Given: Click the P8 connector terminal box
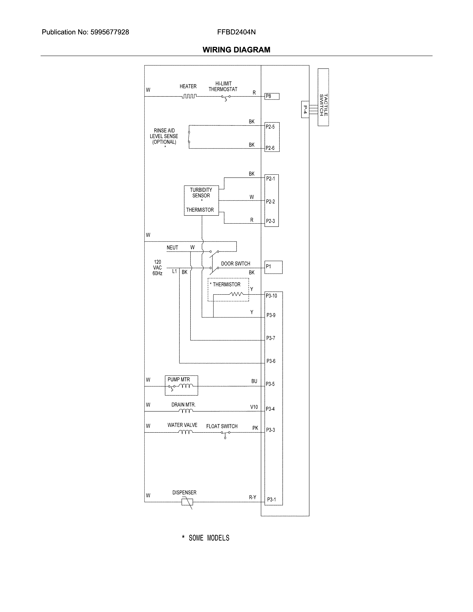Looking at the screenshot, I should pyautogui.click(x=272, y=96).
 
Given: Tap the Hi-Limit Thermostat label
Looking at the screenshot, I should pyautogui.click(x=223, y=86).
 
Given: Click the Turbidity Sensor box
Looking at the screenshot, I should pyautogui.click(x=201, y=200).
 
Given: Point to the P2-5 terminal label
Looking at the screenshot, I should pyautogui.click(x=270, y=127).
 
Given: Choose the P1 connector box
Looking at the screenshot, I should pyautogui.click(x=273, y=267).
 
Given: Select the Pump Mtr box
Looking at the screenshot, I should pyautogui.click(x=181, y=385).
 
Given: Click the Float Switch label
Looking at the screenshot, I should pyautogui.click(x=222, y=426).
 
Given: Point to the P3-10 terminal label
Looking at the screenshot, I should pyautogui.click(x=271, y=296).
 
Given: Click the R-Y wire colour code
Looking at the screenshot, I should pyautogui.click(x=252, y=497).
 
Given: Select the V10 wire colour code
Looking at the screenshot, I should pyautogui.click(x=254, y=407).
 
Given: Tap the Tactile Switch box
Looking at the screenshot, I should pyautogui.click(x=323, y=97).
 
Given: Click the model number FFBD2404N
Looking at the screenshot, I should pyautogui.click(x=236, y=32).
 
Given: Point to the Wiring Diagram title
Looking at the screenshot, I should pyautogui.click(x=236, y=50).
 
